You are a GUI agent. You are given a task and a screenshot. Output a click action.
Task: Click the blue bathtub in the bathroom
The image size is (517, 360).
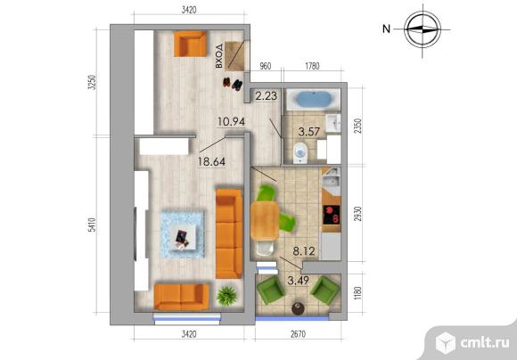[313, 99]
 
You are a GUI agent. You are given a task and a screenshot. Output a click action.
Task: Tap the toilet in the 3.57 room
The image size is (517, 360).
[300, 153]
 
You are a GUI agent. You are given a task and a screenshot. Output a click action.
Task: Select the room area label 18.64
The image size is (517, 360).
[211, 161]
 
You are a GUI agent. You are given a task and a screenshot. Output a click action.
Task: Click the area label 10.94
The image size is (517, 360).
[231, 122]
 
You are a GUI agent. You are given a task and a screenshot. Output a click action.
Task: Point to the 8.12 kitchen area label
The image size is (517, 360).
[304, 251]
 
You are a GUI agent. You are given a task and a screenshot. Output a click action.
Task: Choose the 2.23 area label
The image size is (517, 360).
[267, 96]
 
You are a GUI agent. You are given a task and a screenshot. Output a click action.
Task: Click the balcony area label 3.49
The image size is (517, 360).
[298, 281]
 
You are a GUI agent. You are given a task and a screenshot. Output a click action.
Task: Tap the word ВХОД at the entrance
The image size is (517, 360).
[219, 56]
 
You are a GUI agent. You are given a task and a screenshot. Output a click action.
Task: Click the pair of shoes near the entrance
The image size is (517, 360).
[232, 84]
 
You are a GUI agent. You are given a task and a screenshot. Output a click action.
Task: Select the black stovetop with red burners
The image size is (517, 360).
[332, 215]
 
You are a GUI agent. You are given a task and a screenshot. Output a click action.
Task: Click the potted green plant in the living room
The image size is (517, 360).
[226, 295]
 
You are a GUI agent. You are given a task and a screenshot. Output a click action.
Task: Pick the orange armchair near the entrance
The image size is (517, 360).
[190, 45]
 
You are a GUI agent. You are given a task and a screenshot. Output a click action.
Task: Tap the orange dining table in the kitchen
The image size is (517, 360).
[265, 221]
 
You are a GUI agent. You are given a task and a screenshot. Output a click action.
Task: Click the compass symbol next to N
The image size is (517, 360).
[423, 29]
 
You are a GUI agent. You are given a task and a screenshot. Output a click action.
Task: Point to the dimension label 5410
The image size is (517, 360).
[93, 225]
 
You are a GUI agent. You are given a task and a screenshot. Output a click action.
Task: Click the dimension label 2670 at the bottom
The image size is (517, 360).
[298, 334]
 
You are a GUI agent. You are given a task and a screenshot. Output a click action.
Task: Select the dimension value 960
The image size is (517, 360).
[266, 66]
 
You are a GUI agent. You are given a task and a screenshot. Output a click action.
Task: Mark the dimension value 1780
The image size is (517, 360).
[312, 66]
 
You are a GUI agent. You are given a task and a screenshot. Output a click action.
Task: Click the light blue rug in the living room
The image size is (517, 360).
[182, 234]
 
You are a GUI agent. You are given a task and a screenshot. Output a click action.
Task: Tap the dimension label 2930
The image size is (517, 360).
[357, 214]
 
